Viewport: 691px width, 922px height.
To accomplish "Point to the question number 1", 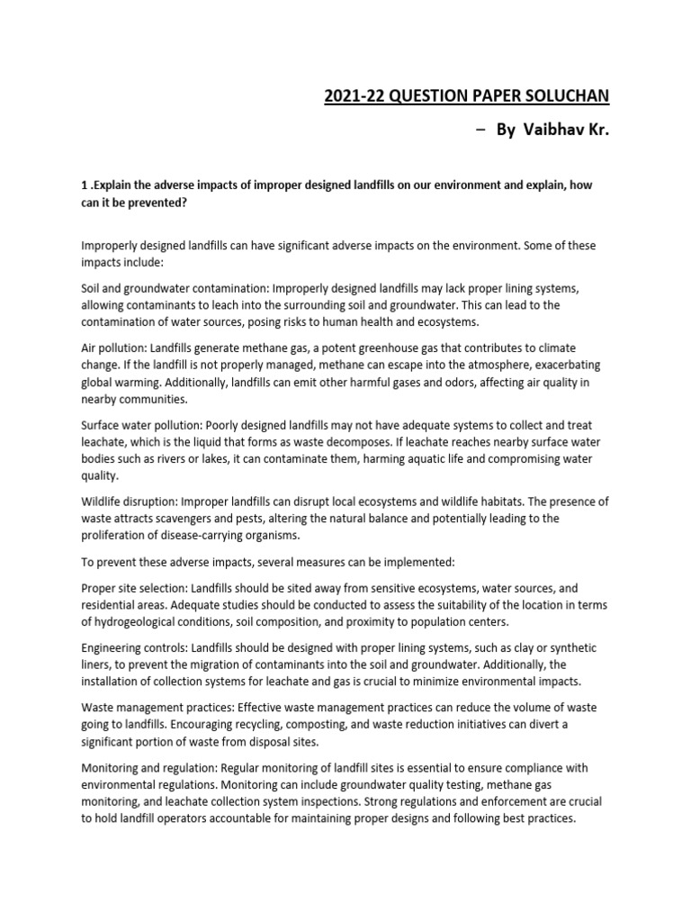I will tap(84, 185).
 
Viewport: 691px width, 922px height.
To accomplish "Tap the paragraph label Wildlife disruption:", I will tap(132, 501).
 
